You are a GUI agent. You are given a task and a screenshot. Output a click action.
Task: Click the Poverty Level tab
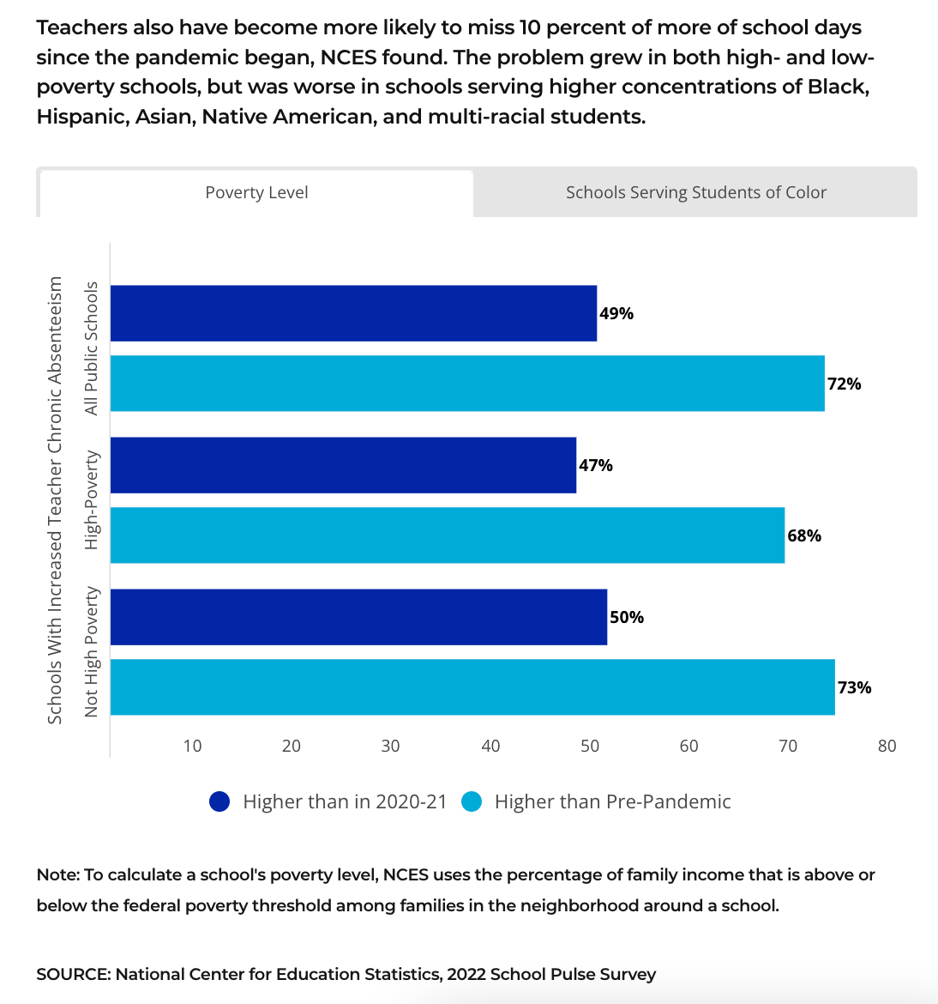point(256,193)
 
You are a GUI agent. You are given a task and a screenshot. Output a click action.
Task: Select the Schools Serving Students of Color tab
point(695,193)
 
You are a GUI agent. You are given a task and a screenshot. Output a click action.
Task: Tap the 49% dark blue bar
point(353,313)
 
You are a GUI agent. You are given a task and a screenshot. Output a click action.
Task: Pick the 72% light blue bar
point(467,384)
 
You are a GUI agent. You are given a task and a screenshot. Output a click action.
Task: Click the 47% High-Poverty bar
point(343,465)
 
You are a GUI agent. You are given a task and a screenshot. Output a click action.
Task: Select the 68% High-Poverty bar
point(448,535)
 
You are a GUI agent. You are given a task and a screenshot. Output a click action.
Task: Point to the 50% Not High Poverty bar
point(358,617)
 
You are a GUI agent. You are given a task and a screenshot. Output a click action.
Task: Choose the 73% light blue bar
point(472,687)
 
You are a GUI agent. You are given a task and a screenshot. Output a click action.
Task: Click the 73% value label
point(854,687)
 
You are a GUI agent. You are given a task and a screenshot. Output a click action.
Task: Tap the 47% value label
point(596,465)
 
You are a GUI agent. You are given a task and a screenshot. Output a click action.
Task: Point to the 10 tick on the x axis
point(192,746)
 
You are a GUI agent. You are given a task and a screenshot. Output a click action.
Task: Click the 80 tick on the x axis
point(887,746)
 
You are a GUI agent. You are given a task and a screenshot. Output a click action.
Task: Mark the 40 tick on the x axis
point(490,746)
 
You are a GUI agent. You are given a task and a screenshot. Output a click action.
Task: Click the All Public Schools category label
point(92,348)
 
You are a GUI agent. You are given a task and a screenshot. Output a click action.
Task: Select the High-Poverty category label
point(92,500)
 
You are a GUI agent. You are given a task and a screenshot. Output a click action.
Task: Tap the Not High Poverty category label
point(92,651)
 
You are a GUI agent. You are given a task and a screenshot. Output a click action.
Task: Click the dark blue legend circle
point(219,801)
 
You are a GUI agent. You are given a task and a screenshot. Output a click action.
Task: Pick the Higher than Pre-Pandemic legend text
point(612,801)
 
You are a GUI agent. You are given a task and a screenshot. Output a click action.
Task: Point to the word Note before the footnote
point(57,874)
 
